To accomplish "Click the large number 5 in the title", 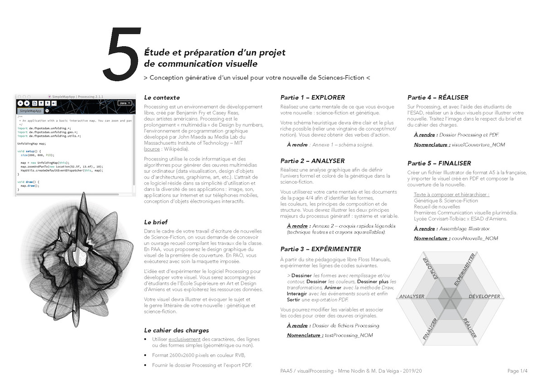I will pos(121,54).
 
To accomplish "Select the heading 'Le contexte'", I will pos(161,97).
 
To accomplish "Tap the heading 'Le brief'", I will pos(155,222).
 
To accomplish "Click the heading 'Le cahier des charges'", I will pos(176,330).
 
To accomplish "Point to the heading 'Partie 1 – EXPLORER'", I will pos(312,97).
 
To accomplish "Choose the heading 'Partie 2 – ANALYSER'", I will pos(312,161).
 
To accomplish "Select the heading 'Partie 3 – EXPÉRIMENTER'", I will pos(321,249).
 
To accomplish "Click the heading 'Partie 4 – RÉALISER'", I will pos(437,97).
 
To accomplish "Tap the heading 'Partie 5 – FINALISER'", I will pos(439,163).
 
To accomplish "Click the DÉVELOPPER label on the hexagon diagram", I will pos(484,297).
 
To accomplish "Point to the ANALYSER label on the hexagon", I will pos(412,297).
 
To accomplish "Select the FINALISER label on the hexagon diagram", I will pos(430,329).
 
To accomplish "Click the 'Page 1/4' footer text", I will pos(517,371).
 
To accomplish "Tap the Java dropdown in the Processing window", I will pos(124,103).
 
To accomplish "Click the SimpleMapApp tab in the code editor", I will pos(30,111).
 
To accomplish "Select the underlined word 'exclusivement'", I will pos(184,339).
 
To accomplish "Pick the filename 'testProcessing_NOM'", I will pos(347,335).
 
